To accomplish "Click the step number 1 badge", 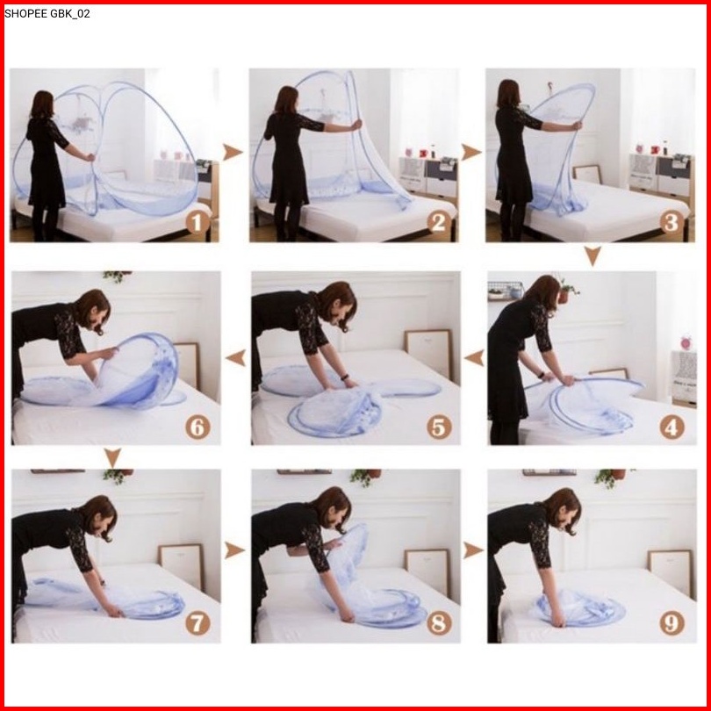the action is click(197, 223).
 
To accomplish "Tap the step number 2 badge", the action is click(439, 223).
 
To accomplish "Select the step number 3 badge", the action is click(671, 223).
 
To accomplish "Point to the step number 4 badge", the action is click(671, 427).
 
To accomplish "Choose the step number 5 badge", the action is click(439, 427).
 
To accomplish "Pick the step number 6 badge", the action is click(197, 427).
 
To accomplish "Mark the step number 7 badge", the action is click(197, 622).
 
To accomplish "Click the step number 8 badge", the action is click(439, 622).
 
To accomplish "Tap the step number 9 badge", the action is click(671, 622).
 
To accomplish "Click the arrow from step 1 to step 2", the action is click(233, 153).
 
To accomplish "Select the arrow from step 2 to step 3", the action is click(471, 153).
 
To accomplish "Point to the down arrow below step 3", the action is click(592, 256).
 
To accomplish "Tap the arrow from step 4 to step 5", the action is click(474, 358).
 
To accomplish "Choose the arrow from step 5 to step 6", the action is click(236, 358).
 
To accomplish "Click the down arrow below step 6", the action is click(112, 458).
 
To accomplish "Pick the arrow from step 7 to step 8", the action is click(234, 550).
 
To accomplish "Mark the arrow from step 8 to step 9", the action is click(473, 550).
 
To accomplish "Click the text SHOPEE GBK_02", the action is click(47, 13).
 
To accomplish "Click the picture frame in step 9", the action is click(671, 573).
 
